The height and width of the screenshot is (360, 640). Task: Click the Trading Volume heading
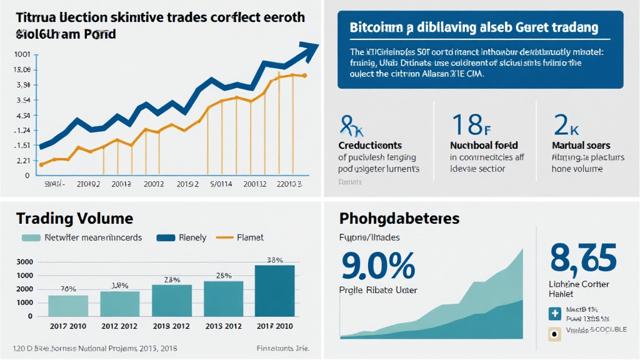(74, 219)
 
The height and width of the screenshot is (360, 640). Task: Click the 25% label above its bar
(224, 275)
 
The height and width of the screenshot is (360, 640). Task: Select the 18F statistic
(471, 125)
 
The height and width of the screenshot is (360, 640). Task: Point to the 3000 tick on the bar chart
(24, 262)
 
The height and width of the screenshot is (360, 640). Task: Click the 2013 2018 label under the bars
(171, 326)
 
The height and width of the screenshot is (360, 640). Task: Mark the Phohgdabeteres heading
(399, 219)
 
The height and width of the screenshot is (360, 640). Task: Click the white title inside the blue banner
(472, 28)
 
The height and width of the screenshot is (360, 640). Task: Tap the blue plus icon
(554, 314)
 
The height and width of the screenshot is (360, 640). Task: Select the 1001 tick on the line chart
(22, 54)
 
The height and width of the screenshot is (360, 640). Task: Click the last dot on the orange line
(304, 76)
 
